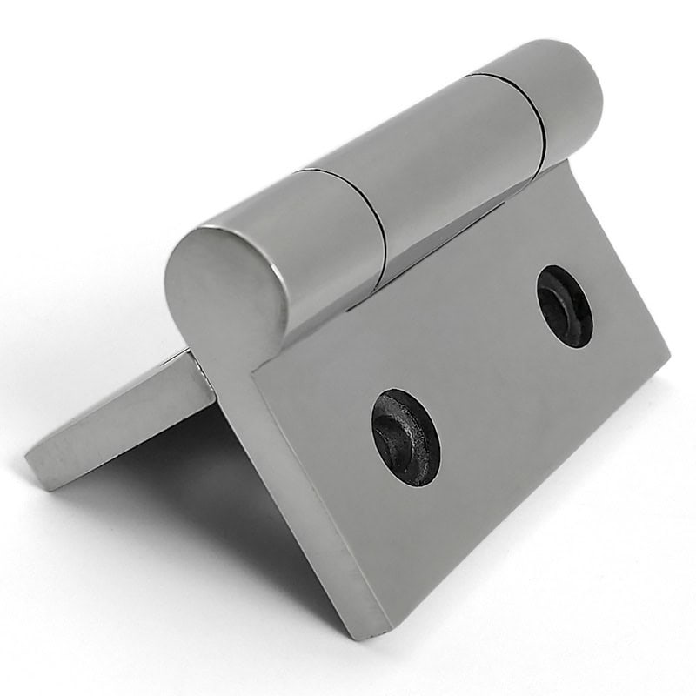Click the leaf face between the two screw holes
(487, 374)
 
